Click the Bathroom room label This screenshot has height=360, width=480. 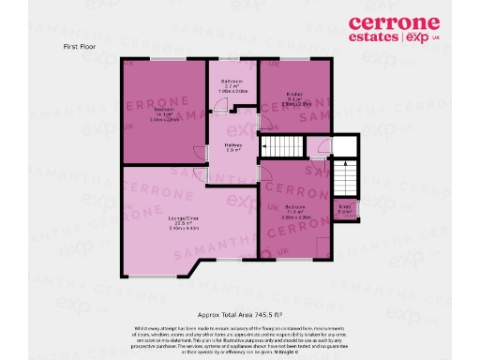pyautogui.click(x=232, y=82)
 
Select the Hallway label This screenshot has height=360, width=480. pyautogui.click(x=232, y=145)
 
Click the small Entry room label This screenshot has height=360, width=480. pyautogui.click(x=345, y=206)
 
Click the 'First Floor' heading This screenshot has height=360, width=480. pyautogui.click(x=81, y=46)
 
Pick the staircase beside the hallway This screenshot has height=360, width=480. pyautogui.click(x=279, y=147)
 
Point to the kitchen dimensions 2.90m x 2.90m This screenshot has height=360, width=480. pyautogui.click(x=294, y=104)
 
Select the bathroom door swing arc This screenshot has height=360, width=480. pyautogui.click(x=221, y=107)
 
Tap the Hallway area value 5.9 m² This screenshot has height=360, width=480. pyautogui.click(x=232, y=151)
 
